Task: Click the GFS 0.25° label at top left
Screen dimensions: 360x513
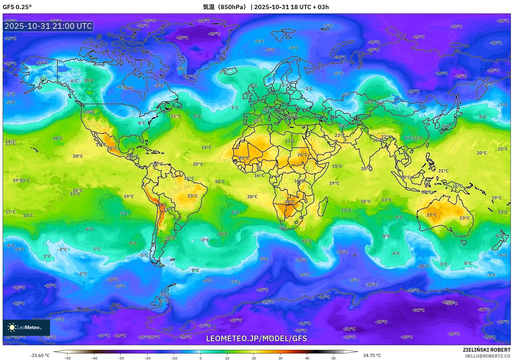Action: click(x=17, y=7)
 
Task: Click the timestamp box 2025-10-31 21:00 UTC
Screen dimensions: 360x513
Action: click(x=48, y=26)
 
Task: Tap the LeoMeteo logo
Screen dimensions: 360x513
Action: click(x=26, y=327)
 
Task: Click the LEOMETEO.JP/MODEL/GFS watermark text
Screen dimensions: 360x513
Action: click(x=256, y=338)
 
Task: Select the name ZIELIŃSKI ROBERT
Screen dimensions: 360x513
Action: click(x=486, y=350)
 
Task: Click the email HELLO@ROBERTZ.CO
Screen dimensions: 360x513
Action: click(x=488, y=356)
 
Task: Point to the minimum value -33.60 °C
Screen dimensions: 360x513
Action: click(x=40, y=355)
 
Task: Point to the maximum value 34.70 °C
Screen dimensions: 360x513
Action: click(x=372, y=355)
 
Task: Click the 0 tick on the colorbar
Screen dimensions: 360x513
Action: click(x=200, y=358)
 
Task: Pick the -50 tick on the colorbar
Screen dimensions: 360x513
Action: click(x=68, y=358)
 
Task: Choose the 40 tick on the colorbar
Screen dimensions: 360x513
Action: click(x=307, y=358)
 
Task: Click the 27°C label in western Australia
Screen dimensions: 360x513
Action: click(x=431, y=215)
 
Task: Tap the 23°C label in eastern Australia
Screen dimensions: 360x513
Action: click(x=464, y=218)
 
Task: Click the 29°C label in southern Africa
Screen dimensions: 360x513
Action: click(x=289, y=202)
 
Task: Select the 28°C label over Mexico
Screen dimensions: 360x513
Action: click(x=112, y=148)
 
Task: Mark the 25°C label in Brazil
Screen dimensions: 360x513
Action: click(x=192, y=196)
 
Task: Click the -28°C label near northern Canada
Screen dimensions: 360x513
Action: click(x=182, y=38)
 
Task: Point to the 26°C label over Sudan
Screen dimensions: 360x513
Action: click(x=302, y=155)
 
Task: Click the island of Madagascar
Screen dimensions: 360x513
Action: click(x=323, y=207)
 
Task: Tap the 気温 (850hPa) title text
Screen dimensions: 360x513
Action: click(x=224, y=7)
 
